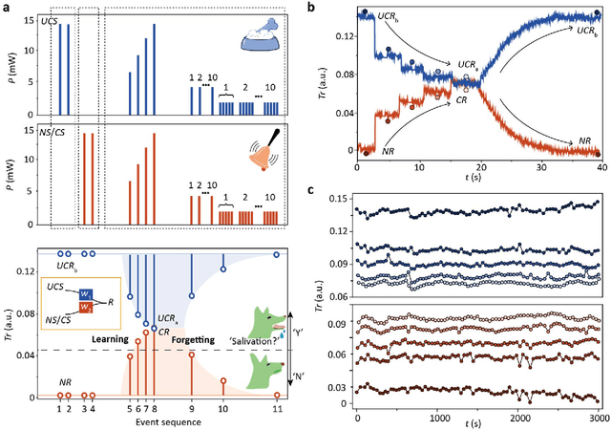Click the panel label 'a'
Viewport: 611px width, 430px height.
[7, 7]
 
